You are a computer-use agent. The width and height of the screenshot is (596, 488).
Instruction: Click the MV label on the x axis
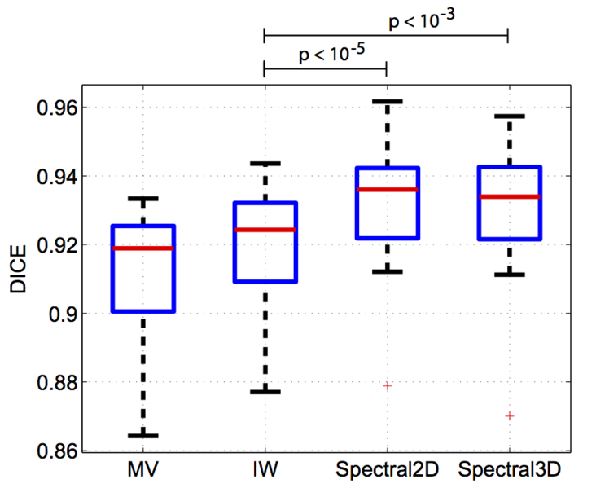coord(142,470)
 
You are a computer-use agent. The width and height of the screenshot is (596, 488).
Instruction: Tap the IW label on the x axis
coord(264,470)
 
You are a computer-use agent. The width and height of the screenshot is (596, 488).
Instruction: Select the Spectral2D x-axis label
coord(386,471)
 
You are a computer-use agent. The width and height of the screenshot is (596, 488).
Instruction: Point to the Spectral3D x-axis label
coord(509,471)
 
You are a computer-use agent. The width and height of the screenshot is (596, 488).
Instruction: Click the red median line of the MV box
coord(143,248)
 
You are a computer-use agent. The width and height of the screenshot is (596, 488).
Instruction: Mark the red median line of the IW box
coord(265,230)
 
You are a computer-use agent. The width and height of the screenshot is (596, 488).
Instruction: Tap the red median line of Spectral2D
coord(387,190)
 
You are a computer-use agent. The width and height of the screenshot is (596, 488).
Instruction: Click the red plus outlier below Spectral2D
coord(388,385)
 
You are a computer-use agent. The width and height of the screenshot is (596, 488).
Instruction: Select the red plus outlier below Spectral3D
coord(510,415)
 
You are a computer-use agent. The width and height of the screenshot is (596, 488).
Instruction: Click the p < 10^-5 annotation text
coord(331,55)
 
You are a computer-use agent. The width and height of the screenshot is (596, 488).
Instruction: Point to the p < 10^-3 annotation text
coord(420,20)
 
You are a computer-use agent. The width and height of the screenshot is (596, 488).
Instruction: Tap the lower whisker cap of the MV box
coord(143,436)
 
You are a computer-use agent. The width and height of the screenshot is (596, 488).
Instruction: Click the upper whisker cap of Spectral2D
coord(387,101)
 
